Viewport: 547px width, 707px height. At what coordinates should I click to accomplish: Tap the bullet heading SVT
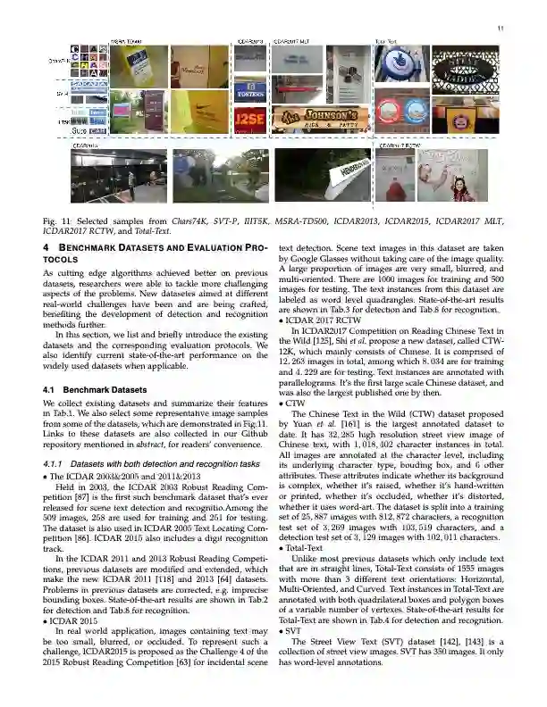click(x=296, y=629)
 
